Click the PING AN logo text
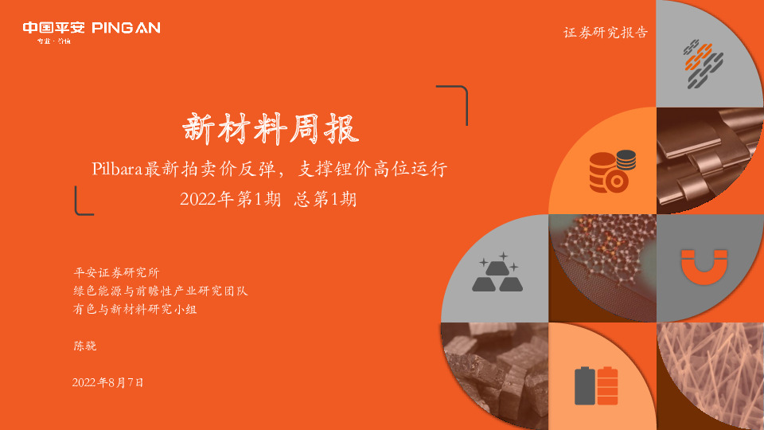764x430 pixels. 127,28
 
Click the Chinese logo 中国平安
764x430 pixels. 53,28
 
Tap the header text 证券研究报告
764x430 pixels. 605,33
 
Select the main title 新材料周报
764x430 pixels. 271,128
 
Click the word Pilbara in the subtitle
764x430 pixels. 117,169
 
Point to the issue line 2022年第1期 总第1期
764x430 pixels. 268,200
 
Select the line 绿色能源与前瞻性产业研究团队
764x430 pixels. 160,291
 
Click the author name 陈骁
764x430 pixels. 84,346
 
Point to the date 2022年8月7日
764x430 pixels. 108,382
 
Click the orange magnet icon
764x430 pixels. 703,267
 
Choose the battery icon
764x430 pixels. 596,385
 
